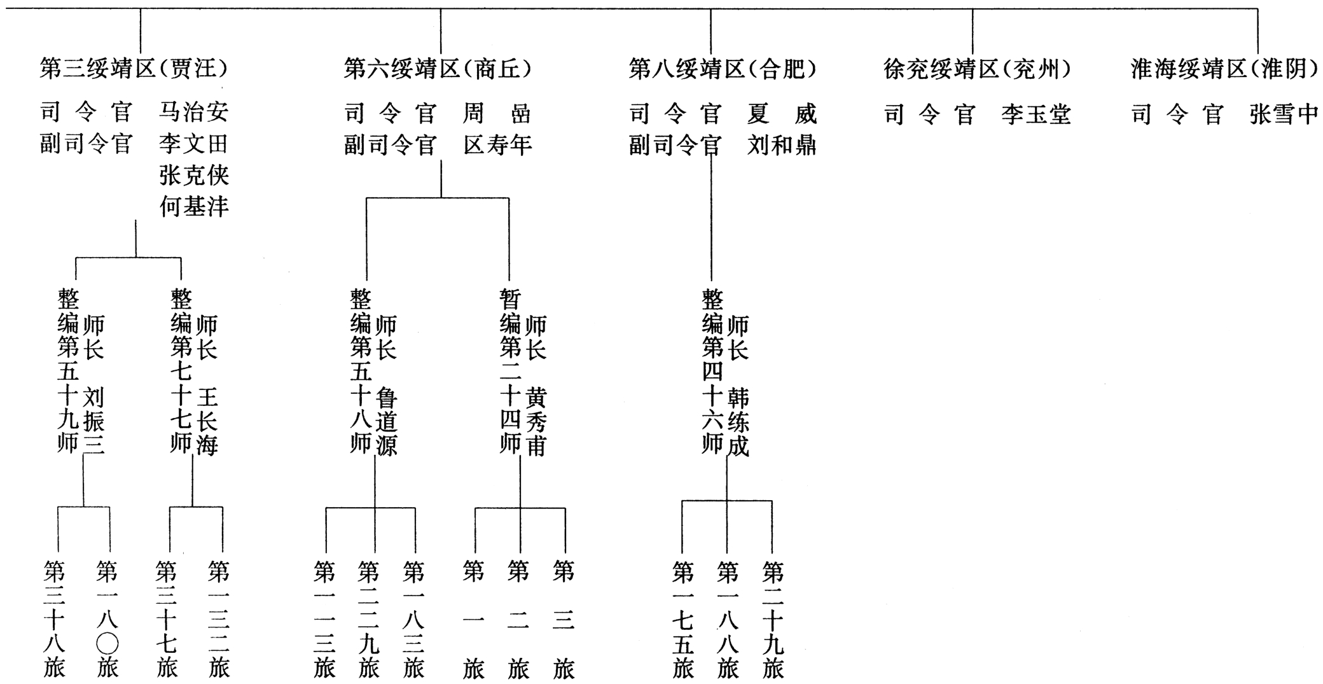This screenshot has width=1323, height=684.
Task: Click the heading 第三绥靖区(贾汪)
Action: tap(134, 68)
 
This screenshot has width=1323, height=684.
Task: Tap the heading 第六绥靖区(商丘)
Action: tap(438, 68)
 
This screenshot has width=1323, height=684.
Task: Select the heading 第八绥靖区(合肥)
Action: tap(723, 68)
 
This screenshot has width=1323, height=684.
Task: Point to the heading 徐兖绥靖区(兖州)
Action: tap(977, 68)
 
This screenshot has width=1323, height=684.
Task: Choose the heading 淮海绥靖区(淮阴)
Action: tap(1224, 68)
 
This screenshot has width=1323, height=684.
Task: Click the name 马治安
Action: tap(193, 112)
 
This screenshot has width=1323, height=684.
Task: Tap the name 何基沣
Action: tap(193, 206)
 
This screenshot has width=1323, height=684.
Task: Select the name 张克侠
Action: tap(193, 175)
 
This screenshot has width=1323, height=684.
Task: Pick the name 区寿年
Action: tap(497, 145)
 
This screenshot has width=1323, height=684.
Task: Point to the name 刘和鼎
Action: tap(782, 145)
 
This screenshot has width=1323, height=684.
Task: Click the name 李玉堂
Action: tap(1036, 115)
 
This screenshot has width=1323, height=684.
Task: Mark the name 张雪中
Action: tap(1284, 115)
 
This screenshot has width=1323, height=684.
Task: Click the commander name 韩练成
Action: tap(738, 421)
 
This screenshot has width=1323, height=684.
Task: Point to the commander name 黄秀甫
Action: tap(536, 421)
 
